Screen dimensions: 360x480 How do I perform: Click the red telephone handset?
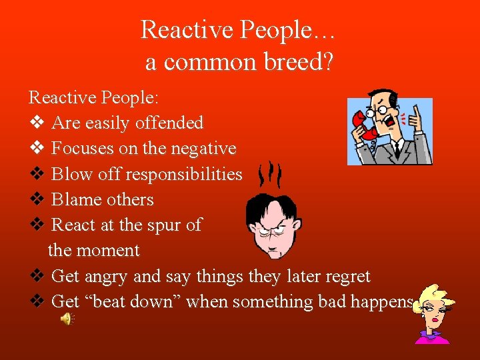(365, 126)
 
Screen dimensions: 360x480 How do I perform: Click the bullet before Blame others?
(37, 200)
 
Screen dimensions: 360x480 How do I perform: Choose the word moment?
(108, 251)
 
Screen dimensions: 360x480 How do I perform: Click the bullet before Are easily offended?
(37, 123)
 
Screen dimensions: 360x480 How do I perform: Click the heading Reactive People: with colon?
(94, 97)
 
